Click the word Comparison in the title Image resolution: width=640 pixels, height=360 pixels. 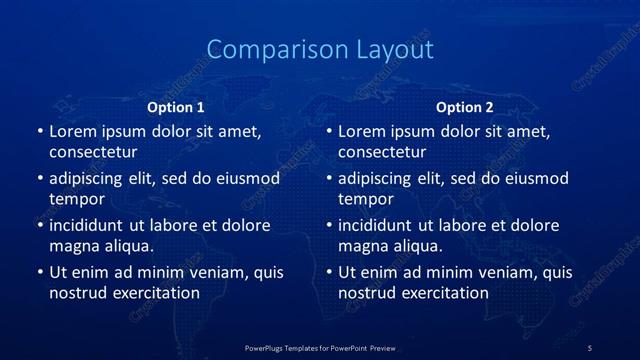[267, 49]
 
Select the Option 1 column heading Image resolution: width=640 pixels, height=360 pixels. [176, 107]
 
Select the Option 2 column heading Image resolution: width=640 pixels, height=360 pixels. [465, 107]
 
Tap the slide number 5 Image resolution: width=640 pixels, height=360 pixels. [590, 347]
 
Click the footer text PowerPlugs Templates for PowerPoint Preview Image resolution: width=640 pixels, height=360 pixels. [320, 347]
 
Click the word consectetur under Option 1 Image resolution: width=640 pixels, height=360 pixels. [93, 152]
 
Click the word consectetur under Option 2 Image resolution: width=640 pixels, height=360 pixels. [382, 152]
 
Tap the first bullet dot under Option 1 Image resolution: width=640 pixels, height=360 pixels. [39, 131]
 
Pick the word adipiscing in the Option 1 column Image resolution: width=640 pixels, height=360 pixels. [88, 179]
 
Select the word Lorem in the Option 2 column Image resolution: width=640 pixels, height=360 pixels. [360, 131]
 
